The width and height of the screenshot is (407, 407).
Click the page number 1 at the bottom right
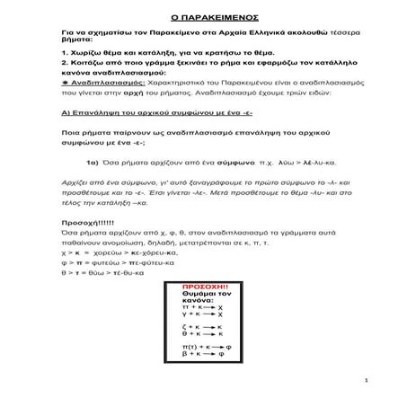point(381,382)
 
